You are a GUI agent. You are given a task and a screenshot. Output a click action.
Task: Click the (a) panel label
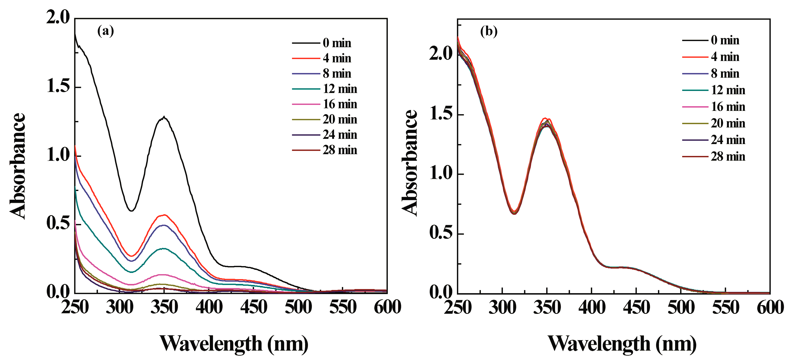[x=105, y=31]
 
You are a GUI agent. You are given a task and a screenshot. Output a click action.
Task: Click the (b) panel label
[x=488, y=31]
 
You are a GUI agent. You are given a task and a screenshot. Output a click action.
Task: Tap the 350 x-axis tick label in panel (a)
[x=164, y=307]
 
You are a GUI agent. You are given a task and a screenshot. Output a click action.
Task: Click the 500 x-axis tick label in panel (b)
[x=681, y=308]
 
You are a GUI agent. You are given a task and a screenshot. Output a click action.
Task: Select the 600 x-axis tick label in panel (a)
[x=387, y=307]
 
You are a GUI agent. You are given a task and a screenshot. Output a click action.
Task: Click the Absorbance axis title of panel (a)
[x=18, y=166]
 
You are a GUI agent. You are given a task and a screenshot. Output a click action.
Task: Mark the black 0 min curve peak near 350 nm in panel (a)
[x=164, y=117]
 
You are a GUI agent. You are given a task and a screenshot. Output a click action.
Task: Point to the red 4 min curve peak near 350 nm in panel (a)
[x=164, y=215]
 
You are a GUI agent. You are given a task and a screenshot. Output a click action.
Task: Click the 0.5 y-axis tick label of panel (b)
[x=441, y=233]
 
